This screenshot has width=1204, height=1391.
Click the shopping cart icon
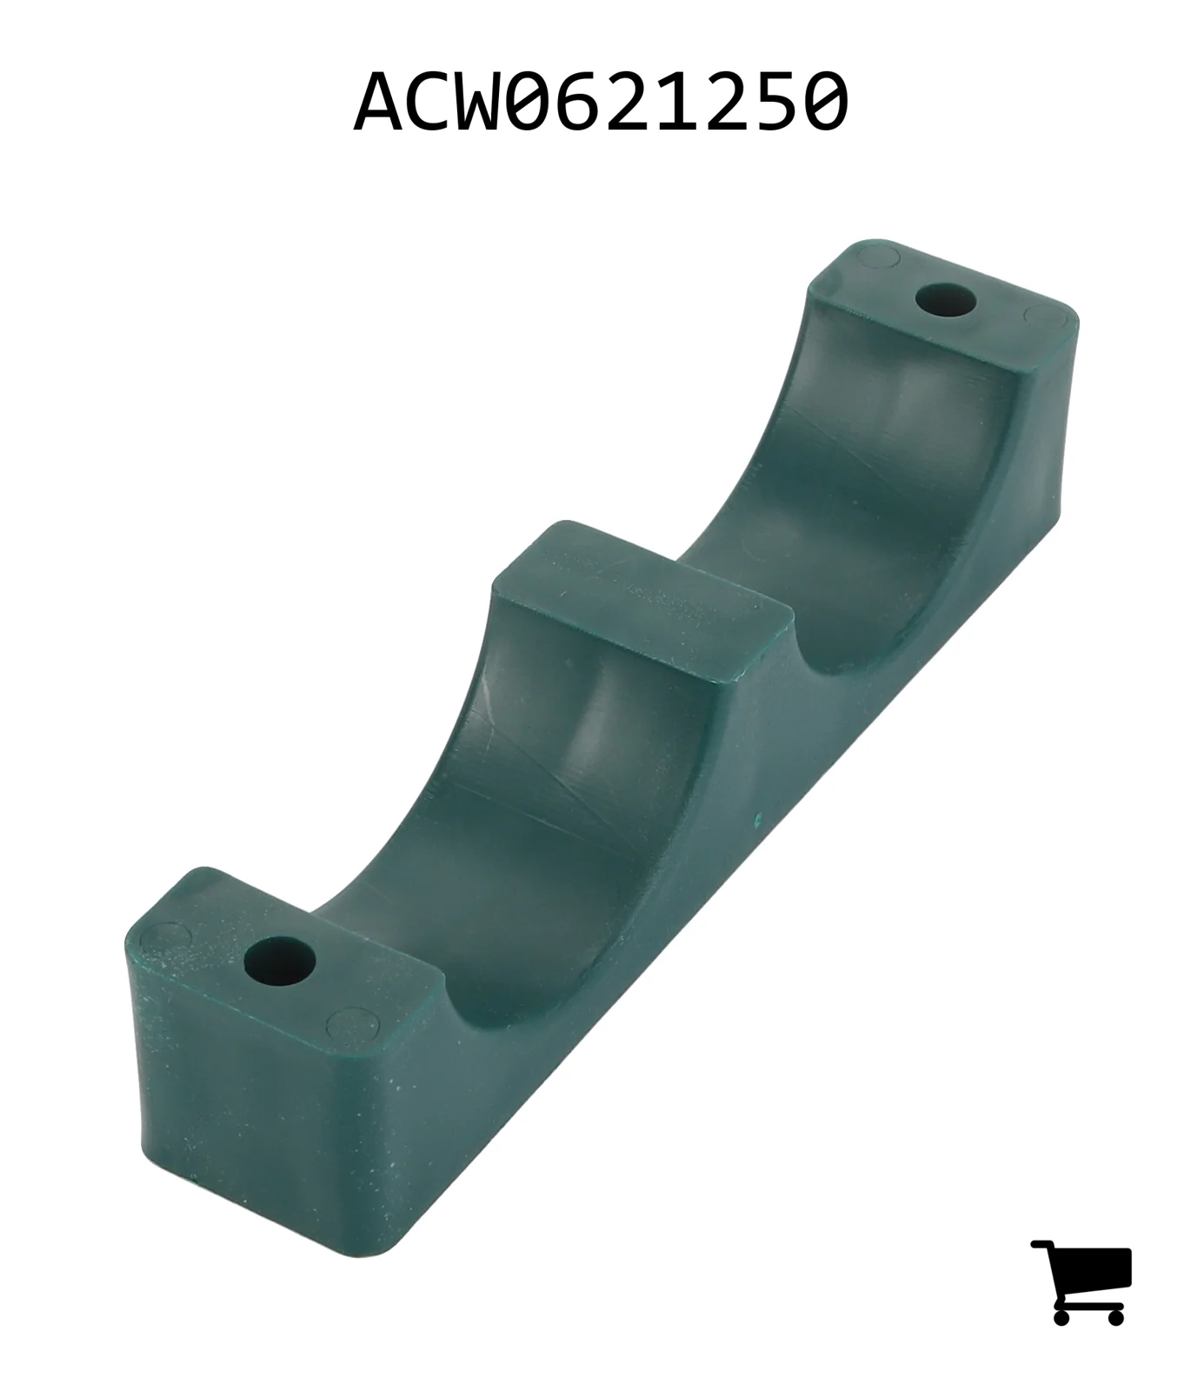point(1081,1281)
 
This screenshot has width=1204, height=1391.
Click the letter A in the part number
point(381,102)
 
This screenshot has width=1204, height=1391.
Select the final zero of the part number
point(822,102)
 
